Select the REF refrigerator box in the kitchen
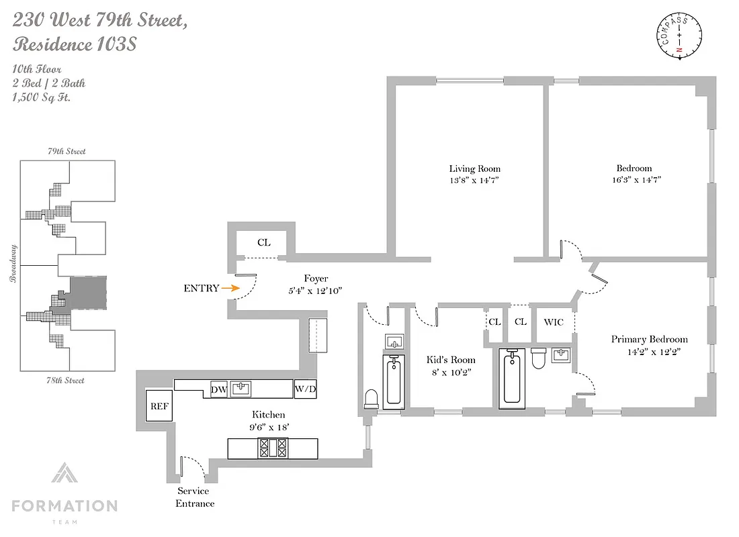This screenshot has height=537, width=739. (x=159, y=405)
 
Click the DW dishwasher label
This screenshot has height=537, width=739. (x=218, y=389)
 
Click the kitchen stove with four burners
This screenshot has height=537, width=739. (x=273, y=448)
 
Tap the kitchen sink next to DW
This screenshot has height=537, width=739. (x=241, y=389)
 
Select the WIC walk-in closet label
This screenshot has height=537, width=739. (x=554, y=322)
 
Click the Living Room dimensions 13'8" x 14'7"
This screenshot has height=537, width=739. (x=475, y=180)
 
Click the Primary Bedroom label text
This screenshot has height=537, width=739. (x=649, y=339)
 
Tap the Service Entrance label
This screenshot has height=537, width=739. (x=195, y=497)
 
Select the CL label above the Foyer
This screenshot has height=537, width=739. (x=264, y=242)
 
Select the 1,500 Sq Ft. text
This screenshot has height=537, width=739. (x=42, y=97)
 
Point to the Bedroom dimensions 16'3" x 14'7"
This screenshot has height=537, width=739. (x=634, y=180)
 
